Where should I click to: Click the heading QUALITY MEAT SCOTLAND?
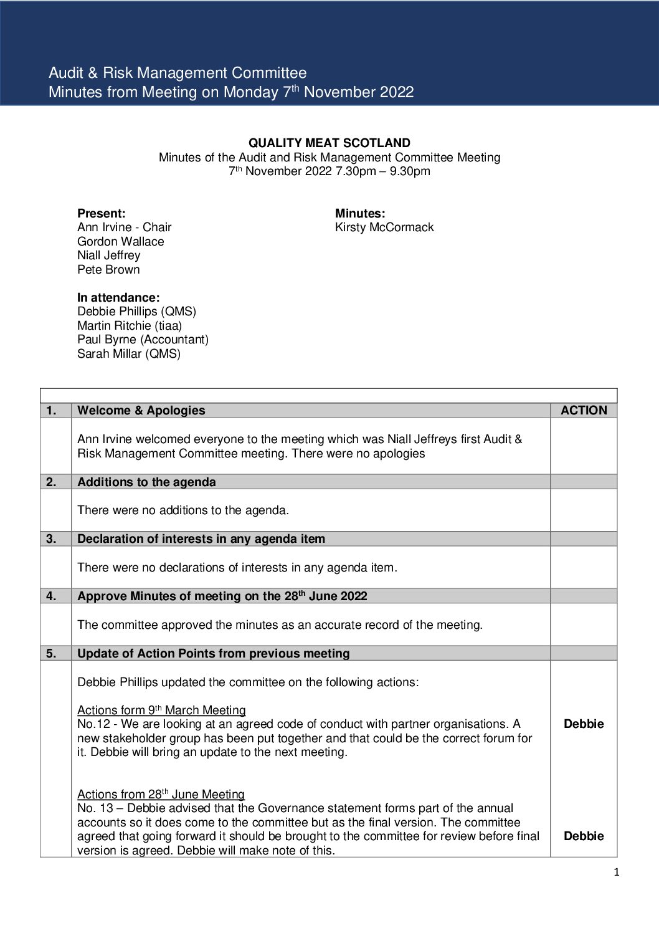pos(329,143)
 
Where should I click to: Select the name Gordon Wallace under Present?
pos(121,242)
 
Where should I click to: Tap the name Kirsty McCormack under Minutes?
pos(384,227)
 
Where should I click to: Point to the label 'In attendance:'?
pos(118,298)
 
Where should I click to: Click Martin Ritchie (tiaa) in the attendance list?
pos(130,326)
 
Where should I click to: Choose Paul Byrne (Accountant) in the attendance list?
pos(143,340)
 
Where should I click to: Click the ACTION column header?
pos(584,411)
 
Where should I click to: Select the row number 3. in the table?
pos(51,539)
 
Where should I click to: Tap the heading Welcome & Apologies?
pos(141,411)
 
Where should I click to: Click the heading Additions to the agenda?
pos(146,482)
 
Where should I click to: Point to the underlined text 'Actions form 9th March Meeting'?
pos(161,711)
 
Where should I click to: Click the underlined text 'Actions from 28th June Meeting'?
pos(161,795)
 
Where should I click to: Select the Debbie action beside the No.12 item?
pos(584,724)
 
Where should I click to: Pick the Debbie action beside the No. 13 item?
pos(584,836)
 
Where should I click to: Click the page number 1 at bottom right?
pos(617,873)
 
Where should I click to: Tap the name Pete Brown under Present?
pos(108,270)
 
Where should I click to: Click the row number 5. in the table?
pos(51,654)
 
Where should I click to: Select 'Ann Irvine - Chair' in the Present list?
pos(124,227)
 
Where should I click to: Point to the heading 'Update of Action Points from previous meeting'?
pos(214,654)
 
